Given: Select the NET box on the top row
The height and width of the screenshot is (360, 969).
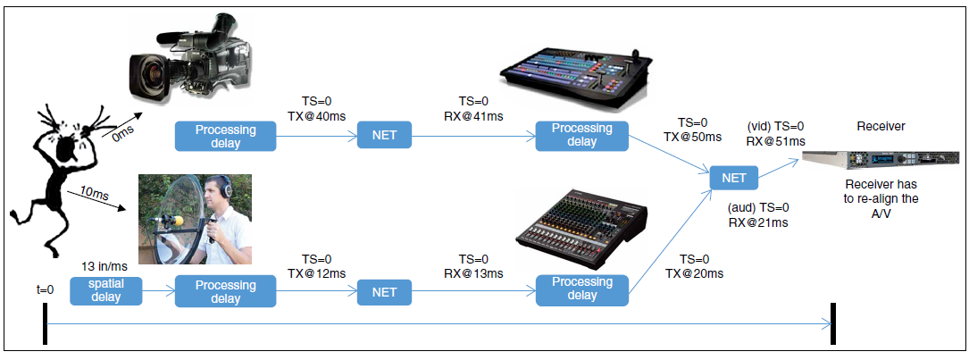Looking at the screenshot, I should [384, 137].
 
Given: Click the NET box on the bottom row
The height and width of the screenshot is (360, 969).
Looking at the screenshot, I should [384, 292].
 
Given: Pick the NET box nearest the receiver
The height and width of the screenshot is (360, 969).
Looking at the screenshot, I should [734, 178].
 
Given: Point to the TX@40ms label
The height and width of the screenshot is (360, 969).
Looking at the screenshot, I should [316, 116].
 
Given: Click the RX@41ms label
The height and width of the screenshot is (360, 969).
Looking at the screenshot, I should [473, 116].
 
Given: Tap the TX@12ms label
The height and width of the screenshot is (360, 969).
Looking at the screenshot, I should [316, 272].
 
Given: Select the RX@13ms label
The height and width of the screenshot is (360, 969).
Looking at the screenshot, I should [473, 272].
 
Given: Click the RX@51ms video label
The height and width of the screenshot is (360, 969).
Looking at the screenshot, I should [775, 141].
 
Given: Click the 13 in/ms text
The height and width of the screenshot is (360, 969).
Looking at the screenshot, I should [104, 266].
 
